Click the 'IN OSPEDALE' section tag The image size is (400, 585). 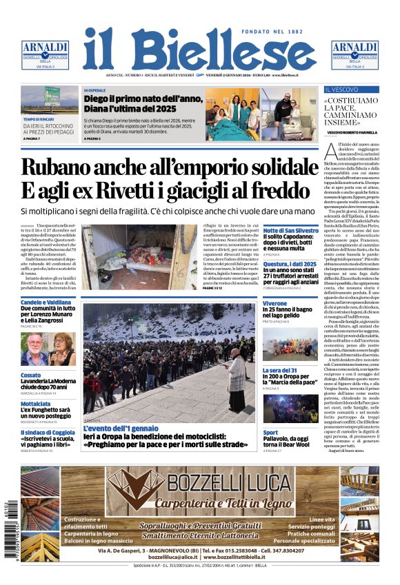[95, 90]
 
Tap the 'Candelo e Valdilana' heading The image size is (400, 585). [46, 302]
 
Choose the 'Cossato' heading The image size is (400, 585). [31, 375]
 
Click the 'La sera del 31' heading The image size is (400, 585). [279, 370]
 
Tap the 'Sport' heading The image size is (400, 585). [270, 433]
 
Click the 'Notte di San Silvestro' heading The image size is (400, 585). [290, 230]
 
